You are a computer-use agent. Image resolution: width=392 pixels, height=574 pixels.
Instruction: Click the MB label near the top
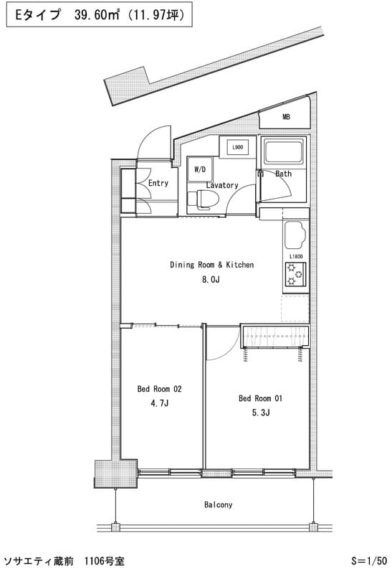[287, 117]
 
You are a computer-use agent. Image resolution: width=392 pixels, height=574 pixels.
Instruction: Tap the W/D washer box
[200, 169]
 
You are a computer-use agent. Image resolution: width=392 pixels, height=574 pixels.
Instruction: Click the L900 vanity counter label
[238, 147]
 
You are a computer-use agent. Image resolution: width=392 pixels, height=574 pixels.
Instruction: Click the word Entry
[158, 183]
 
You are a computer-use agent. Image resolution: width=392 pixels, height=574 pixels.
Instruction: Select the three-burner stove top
[295, 274]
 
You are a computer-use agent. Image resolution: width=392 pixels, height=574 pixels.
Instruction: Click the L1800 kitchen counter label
[296, 256]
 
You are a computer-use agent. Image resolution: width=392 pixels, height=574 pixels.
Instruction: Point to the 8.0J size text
[211, 280]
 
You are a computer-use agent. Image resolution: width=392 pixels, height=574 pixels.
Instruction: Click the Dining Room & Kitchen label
[211, 265]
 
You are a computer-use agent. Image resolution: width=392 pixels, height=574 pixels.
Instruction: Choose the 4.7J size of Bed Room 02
[159, 403]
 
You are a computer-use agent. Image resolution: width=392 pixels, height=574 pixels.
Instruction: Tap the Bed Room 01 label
[260, 398]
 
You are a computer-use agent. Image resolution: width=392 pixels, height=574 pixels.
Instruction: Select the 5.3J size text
[261, 413]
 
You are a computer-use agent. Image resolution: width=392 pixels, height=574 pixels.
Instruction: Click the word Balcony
[219, 505]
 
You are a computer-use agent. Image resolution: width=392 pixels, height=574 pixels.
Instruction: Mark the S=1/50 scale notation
[368, 560]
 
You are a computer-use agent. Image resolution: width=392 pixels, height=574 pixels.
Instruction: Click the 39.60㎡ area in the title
[97, 14]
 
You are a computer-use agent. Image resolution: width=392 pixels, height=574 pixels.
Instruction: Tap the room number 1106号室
[104, 561]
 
